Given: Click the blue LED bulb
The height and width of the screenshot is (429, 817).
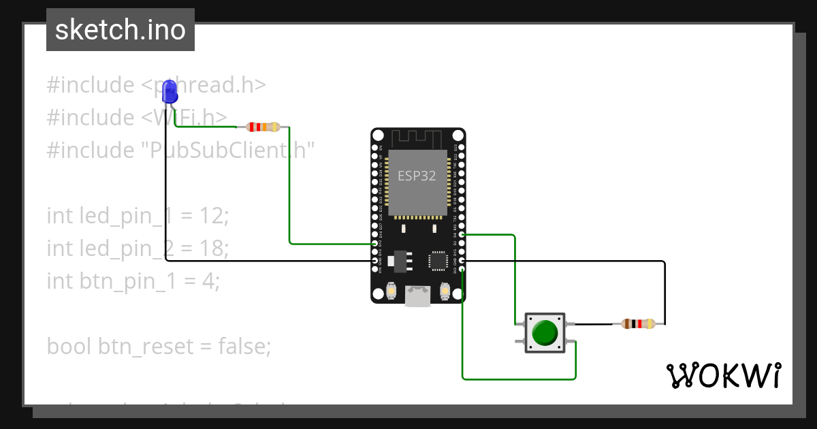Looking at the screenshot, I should (170, 89).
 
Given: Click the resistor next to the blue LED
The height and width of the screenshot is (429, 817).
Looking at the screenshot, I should (263, 127).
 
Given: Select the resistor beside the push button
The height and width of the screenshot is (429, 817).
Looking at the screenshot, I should (639, 324).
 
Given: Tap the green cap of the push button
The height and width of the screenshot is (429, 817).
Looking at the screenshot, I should (545, 333).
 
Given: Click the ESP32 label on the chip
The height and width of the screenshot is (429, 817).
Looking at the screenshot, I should (417, 175).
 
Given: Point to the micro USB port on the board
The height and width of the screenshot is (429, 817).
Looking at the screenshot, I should (418, 296).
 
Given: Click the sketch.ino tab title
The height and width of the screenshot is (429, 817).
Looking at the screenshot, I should (121, 30).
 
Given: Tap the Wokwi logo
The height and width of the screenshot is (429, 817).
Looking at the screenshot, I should (723, 375).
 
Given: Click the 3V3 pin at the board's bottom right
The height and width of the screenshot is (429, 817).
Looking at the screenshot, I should (462, 270).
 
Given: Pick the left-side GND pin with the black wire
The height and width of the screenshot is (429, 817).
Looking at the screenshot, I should (374, 261).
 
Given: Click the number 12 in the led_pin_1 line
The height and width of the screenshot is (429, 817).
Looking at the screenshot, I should (212, 216).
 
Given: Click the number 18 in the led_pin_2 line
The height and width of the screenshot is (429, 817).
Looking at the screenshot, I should (213, 249).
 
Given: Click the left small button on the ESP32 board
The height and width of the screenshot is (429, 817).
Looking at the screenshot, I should (391, 291).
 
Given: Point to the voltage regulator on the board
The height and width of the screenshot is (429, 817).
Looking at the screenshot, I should (399, 260).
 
